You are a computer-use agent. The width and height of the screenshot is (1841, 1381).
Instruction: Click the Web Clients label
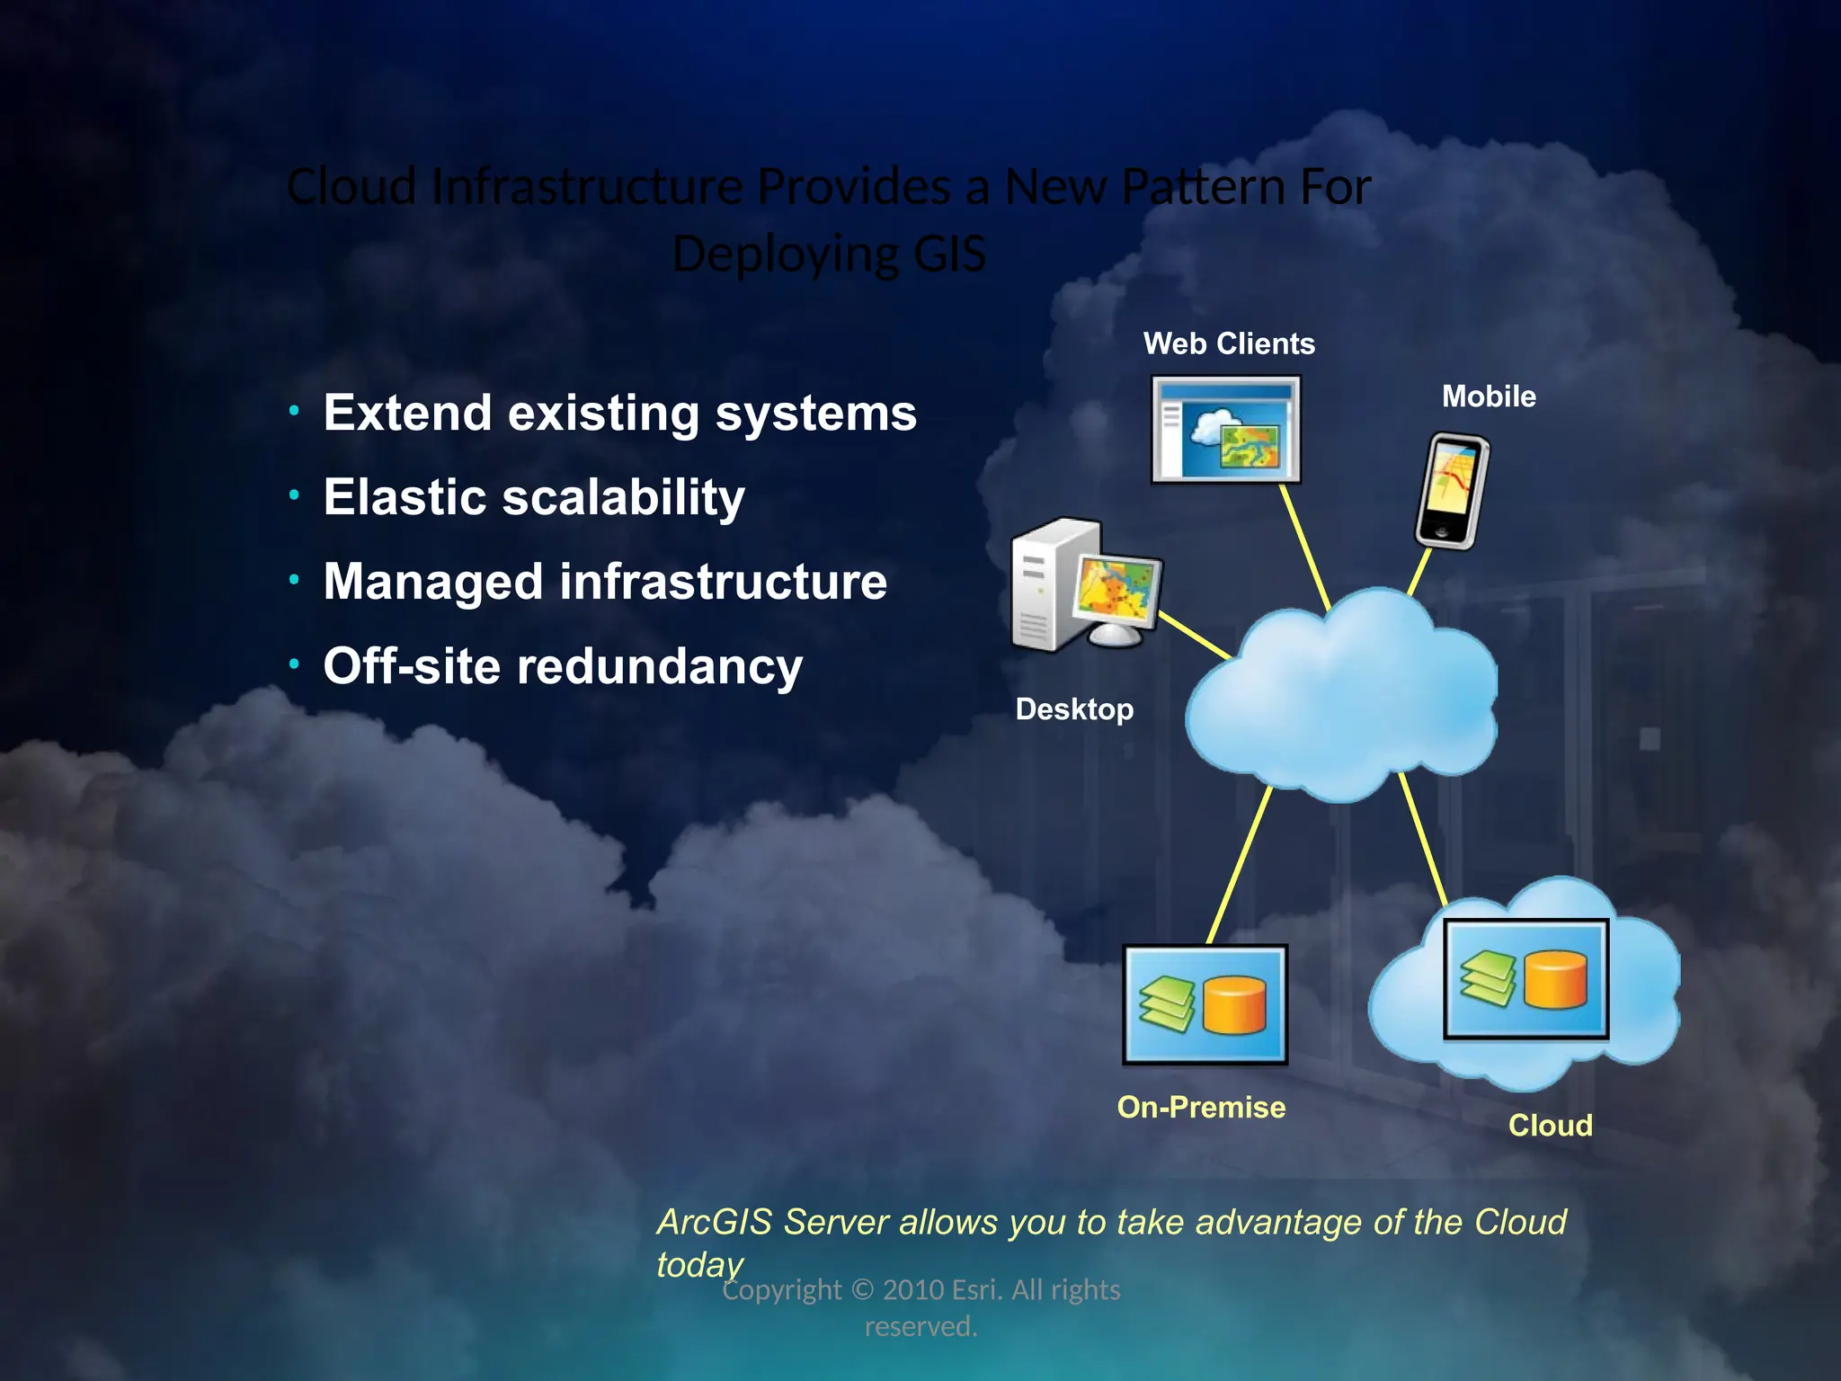1228,343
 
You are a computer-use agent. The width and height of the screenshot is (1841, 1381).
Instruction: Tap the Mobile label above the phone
1489,396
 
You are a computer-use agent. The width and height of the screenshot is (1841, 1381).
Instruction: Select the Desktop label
1074,709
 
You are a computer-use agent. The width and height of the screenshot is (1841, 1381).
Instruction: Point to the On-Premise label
1201,1107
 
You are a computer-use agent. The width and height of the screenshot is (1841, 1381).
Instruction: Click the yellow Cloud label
1550,1126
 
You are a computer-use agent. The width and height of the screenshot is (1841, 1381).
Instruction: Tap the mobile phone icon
1451,491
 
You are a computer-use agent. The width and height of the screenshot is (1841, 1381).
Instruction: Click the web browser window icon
1226,430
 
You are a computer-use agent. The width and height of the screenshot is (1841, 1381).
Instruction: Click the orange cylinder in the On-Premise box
1233,1006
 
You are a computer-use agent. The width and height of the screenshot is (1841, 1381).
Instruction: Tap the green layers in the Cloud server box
1488,978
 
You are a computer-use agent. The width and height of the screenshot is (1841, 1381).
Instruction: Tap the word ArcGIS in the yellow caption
715,1223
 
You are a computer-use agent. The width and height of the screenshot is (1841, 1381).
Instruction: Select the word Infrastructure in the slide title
587,187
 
